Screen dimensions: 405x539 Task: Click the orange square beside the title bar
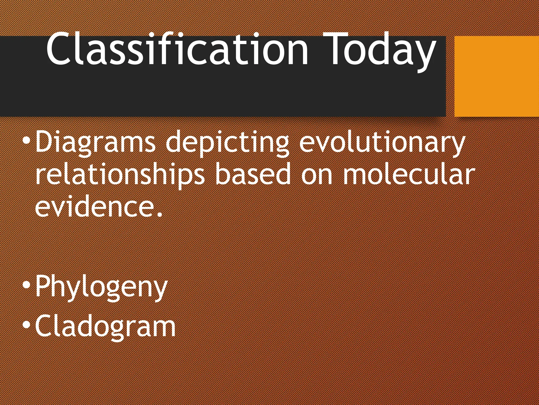point(496,76)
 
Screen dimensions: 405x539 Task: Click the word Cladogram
point(105,327)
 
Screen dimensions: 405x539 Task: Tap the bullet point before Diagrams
point(27,141)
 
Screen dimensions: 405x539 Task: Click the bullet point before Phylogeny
point(27,285)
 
